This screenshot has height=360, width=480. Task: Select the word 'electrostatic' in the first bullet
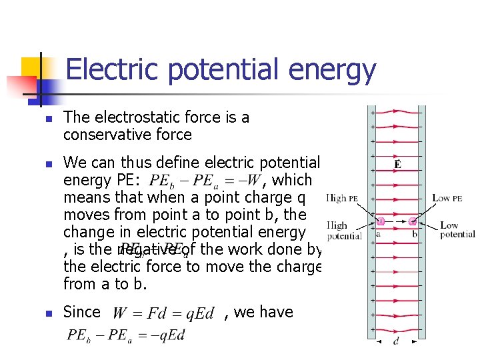(139, 117)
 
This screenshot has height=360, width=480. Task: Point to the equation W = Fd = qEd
(163, 313)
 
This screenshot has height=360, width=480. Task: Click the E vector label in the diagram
(397, 164)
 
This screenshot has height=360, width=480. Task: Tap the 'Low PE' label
(447, 198)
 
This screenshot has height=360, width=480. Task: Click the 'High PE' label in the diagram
(343, 198)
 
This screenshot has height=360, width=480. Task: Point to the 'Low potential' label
(457, 230)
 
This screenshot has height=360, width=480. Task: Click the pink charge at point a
(381, 222)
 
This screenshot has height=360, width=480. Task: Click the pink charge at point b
(413, 222)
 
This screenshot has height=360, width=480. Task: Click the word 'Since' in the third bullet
(81, 312)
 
